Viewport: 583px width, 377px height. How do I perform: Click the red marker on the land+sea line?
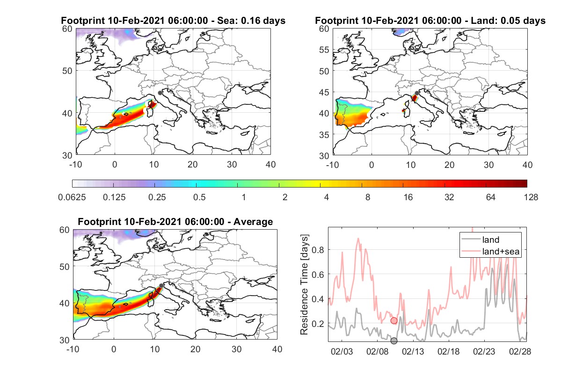point(394,320)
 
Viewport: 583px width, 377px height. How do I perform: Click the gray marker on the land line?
point(394,341)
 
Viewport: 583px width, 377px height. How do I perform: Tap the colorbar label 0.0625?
point(72,197)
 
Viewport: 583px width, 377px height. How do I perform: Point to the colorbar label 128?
point(531,197)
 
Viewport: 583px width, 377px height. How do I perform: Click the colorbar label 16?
point(408,197)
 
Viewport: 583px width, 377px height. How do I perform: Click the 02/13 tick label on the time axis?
point(413,351)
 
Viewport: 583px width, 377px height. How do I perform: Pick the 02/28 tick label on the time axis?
point(520,351)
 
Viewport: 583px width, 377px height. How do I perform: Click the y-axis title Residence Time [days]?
point(304,284)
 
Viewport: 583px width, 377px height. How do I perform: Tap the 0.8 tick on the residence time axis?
point(318,250)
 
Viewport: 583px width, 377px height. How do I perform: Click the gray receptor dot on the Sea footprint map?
point(160,93)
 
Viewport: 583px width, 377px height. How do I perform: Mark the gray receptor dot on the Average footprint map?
point(161,286)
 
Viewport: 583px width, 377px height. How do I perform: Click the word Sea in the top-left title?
point(226,21)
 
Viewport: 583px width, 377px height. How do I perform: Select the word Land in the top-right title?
point(481,21)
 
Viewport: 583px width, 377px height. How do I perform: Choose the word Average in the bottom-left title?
point(253,222)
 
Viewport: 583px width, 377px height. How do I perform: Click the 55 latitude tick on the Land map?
point(324,50)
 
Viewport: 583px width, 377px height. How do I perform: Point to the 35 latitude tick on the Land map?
point(324,135)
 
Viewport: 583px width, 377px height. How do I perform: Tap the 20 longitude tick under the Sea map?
point(193,165)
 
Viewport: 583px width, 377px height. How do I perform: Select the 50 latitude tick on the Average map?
point(65,267)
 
